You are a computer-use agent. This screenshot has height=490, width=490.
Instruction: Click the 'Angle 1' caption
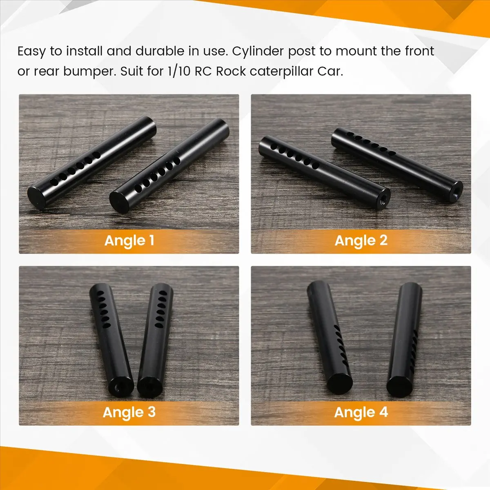click(x=129, y=240)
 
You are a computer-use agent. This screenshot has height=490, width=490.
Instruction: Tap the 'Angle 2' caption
click(x=361, y=240)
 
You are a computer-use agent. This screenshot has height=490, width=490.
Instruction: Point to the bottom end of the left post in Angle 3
click(x=120, y=386)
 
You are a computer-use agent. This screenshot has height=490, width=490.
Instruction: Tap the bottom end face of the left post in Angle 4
click(x=340, y=383)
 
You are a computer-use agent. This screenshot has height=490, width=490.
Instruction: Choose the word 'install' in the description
click(x=85, y=51)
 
